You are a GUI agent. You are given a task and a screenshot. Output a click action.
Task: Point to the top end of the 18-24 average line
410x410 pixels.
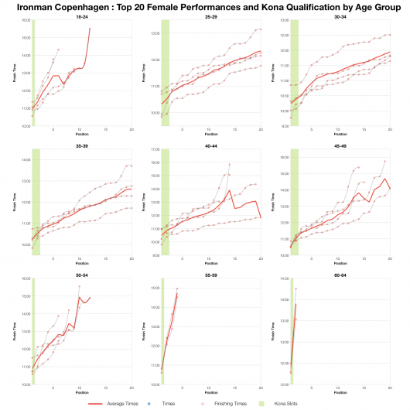pos(90,29)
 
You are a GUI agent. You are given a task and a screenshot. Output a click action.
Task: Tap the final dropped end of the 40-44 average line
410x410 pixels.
pos(261,217)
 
